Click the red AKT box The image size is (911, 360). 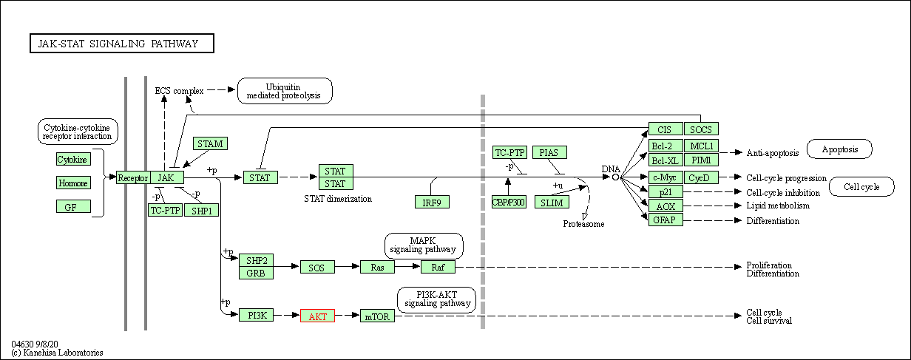(317, 316)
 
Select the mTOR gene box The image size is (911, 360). (378, 316)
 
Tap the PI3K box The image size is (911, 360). (257, 316)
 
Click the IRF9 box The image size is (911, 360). (432, 202)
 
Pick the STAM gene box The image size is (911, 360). (210, 143)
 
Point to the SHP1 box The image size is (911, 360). (201, 210)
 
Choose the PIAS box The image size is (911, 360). (549, 152)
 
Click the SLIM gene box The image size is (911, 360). (552, 202)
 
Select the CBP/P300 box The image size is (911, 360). (509, 202)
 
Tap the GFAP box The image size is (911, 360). (666, 220)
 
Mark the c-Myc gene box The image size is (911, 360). (666, 177)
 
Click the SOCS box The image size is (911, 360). (701, 129)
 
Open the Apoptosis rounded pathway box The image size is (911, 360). (839, 149)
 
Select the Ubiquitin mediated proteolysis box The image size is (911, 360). (285, 91)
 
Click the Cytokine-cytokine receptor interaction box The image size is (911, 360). (77, 132)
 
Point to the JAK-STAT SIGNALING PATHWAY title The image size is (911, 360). (122, 44)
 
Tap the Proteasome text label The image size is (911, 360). (583, 223)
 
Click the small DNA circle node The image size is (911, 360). (615, 177)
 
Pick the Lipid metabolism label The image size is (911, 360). (778, 206)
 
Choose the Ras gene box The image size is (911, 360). (377, 267)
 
